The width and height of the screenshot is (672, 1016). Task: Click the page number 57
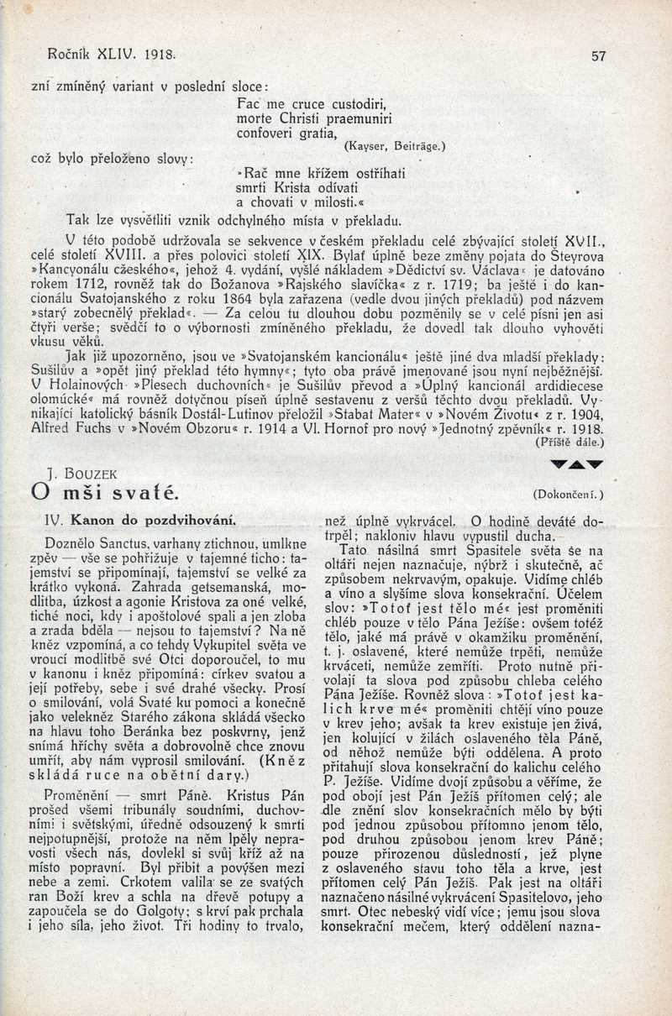[598, 55]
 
